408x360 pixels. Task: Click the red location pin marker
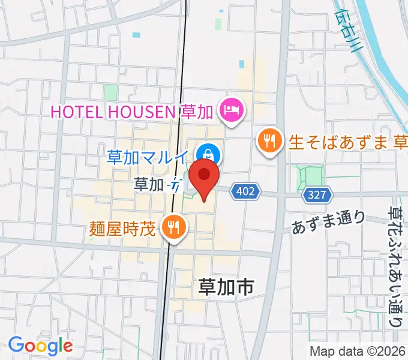coord(204,178)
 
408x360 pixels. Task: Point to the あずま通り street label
coord(328,222)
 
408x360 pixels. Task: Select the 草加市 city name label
coord(225,288)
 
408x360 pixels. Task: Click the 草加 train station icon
coord(176,185)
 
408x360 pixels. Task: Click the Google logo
coord(40,346)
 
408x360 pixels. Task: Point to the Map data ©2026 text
coord(357,351)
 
